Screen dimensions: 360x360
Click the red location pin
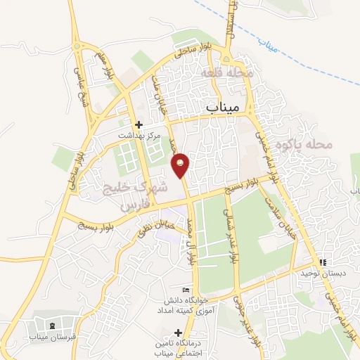pos(180,164)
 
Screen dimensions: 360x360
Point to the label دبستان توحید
pos(321,274)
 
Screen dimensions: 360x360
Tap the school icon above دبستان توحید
pos(322,262)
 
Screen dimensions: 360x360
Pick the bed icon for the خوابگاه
pos(186,290)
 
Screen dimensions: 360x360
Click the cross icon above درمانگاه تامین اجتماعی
pos(178,332)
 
